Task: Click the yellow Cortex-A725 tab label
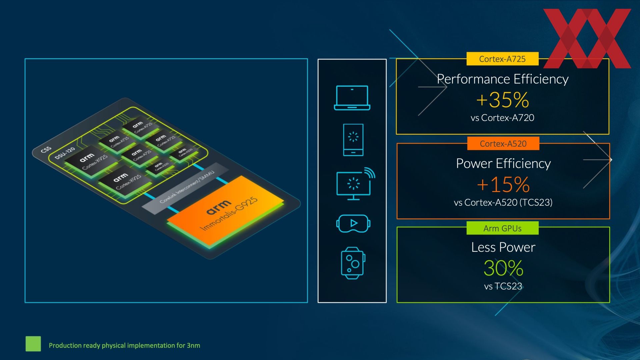pos(502,59)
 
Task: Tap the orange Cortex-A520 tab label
pos(503,144)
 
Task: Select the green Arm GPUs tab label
pos(502,228)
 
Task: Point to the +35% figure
pos(502,100)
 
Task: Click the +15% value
pos(503,184)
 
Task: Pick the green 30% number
pos(503,268)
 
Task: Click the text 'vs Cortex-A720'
pos(502,118)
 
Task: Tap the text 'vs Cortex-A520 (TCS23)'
pos(503,202)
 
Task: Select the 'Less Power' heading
pos(503,247)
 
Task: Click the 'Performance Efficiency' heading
pos(502,79)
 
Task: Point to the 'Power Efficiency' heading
pos(503,164)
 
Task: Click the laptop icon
pos(352,98)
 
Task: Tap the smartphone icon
pos(353,140)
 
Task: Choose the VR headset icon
pos(353,223)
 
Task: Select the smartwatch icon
pos(353,263)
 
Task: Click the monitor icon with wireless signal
pos(354,184)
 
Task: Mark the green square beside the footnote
pos(33,344)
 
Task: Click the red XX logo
pos(587,38)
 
